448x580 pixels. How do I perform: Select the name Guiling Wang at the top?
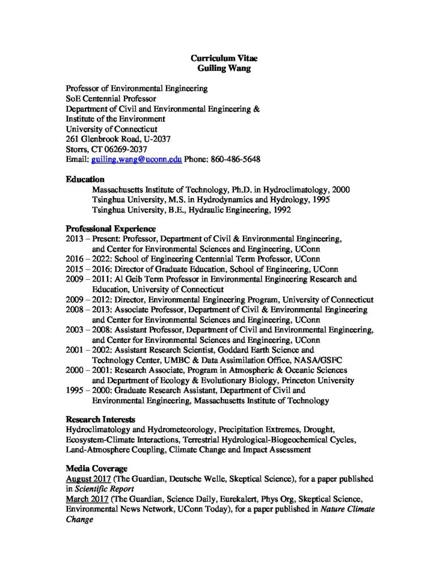tap(224, 67)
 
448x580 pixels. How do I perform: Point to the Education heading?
tap(85, 180)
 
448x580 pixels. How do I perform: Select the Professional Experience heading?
tap(110, 229)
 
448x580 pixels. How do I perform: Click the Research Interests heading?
tap(100, 420)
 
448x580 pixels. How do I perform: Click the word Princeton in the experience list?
tap(302, 381)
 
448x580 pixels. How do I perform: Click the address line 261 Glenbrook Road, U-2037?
tap(118, 139)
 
